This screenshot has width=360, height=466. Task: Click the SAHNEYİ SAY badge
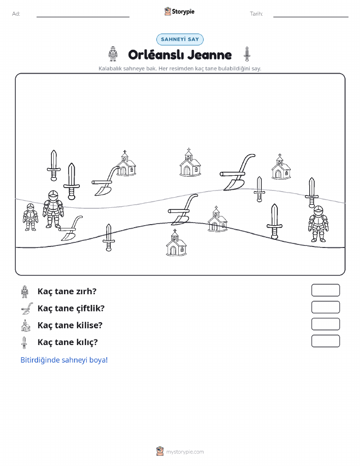tap(180, 40)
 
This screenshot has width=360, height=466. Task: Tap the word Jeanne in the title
tap(209, 55)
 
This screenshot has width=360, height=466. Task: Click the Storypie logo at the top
tap(179, 12)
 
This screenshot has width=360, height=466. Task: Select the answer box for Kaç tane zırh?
tap(325, 290)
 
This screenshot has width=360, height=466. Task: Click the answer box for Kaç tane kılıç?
tap(325, 341)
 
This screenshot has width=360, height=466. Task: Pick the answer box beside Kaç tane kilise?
tap(325, 324)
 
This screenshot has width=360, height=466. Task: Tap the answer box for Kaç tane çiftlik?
tap(325, 307)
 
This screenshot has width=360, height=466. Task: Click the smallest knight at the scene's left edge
tap(30, 218)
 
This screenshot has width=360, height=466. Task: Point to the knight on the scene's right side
tap(318, 224)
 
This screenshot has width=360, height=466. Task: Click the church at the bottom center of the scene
tap(176, 243)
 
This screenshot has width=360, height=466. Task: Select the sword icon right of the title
tap(247, 54)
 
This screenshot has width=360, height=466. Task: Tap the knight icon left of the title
tap(113, 54)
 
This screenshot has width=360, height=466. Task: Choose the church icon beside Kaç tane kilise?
tap(26, 325)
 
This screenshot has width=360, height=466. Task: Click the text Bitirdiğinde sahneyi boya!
tap(64, 360)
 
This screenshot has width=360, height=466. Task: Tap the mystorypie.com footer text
tap(185, 452)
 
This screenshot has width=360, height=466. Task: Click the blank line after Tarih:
tap(311, 17)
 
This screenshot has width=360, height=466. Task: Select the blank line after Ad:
tap(83, 17)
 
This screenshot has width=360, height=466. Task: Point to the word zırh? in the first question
tap(86, 291)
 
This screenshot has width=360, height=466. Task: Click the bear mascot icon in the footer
tap(160, 451)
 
